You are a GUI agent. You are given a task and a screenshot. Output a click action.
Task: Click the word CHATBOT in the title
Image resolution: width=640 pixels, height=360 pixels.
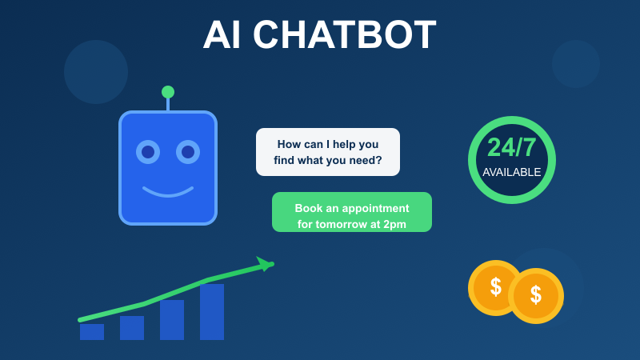tap(350, 35)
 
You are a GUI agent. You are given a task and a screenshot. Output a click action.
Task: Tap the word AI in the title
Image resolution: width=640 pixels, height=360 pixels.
tap(227, 35)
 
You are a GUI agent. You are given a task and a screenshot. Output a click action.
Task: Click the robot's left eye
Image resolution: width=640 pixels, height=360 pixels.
tap(148, 151)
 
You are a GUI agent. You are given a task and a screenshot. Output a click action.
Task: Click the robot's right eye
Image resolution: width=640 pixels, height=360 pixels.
tap(188, 151)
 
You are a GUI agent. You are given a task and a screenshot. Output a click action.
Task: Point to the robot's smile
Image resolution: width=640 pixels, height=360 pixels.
tap(168, 193)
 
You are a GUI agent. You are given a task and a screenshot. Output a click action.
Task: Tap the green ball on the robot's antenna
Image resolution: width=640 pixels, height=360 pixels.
tap(168, 92)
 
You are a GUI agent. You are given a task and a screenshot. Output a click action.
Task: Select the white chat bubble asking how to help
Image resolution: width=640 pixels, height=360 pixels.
tap(328, 152)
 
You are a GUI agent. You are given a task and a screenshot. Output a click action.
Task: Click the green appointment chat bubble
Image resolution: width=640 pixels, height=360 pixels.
tap(352, 212)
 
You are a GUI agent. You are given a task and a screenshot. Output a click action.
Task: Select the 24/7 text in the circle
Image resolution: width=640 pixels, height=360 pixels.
tap(512, 148)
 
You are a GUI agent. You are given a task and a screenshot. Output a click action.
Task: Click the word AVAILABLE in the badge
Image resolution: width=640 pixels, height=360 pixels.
tap(512, 172)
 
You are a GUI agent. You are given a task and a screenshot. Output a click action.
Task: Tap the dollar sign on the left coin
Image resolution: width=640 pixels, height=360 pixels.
tap(496, 286)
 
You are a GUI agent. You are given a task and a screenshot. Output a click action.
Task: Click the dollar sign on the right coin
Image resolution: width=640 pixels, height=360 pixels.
tap(536, 294)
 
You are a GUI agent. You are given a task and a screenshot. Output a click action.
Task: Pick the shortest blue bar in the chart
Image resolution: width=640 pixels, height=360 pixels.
tap(92, 332)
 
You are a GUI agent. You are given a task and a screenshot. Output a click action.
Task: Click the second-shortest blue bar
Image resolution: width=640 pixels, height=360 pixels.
tap(132, 328)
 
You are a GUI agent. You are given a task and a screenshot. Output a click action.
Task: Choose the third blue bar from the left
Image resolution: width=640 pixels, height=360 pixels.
tap(172, 320)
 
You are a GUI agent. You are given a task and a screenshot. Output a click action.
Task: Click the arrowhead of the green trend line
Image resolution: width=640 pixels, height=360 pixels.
tap(264, 263)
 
